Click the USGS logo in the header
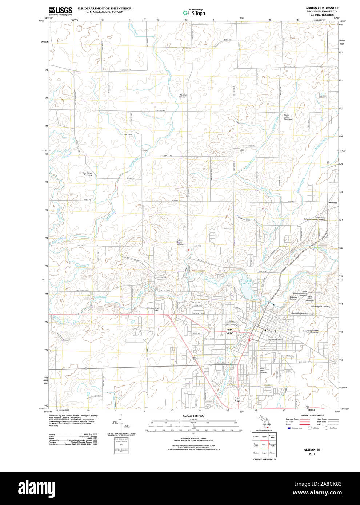60,11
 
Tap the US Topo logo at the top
194,12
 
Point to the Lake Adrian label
248,282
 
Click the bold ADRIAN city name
269,330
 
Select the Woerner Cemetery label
183,96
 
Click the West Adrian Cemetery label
88,174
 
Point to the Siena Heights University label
302,313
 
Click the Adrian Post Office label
275,339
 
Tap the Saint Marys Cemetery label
263,371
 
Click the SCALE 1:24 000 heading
193,416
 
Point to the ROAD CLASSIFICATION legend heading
312,415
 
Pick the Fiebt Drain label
128,134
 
